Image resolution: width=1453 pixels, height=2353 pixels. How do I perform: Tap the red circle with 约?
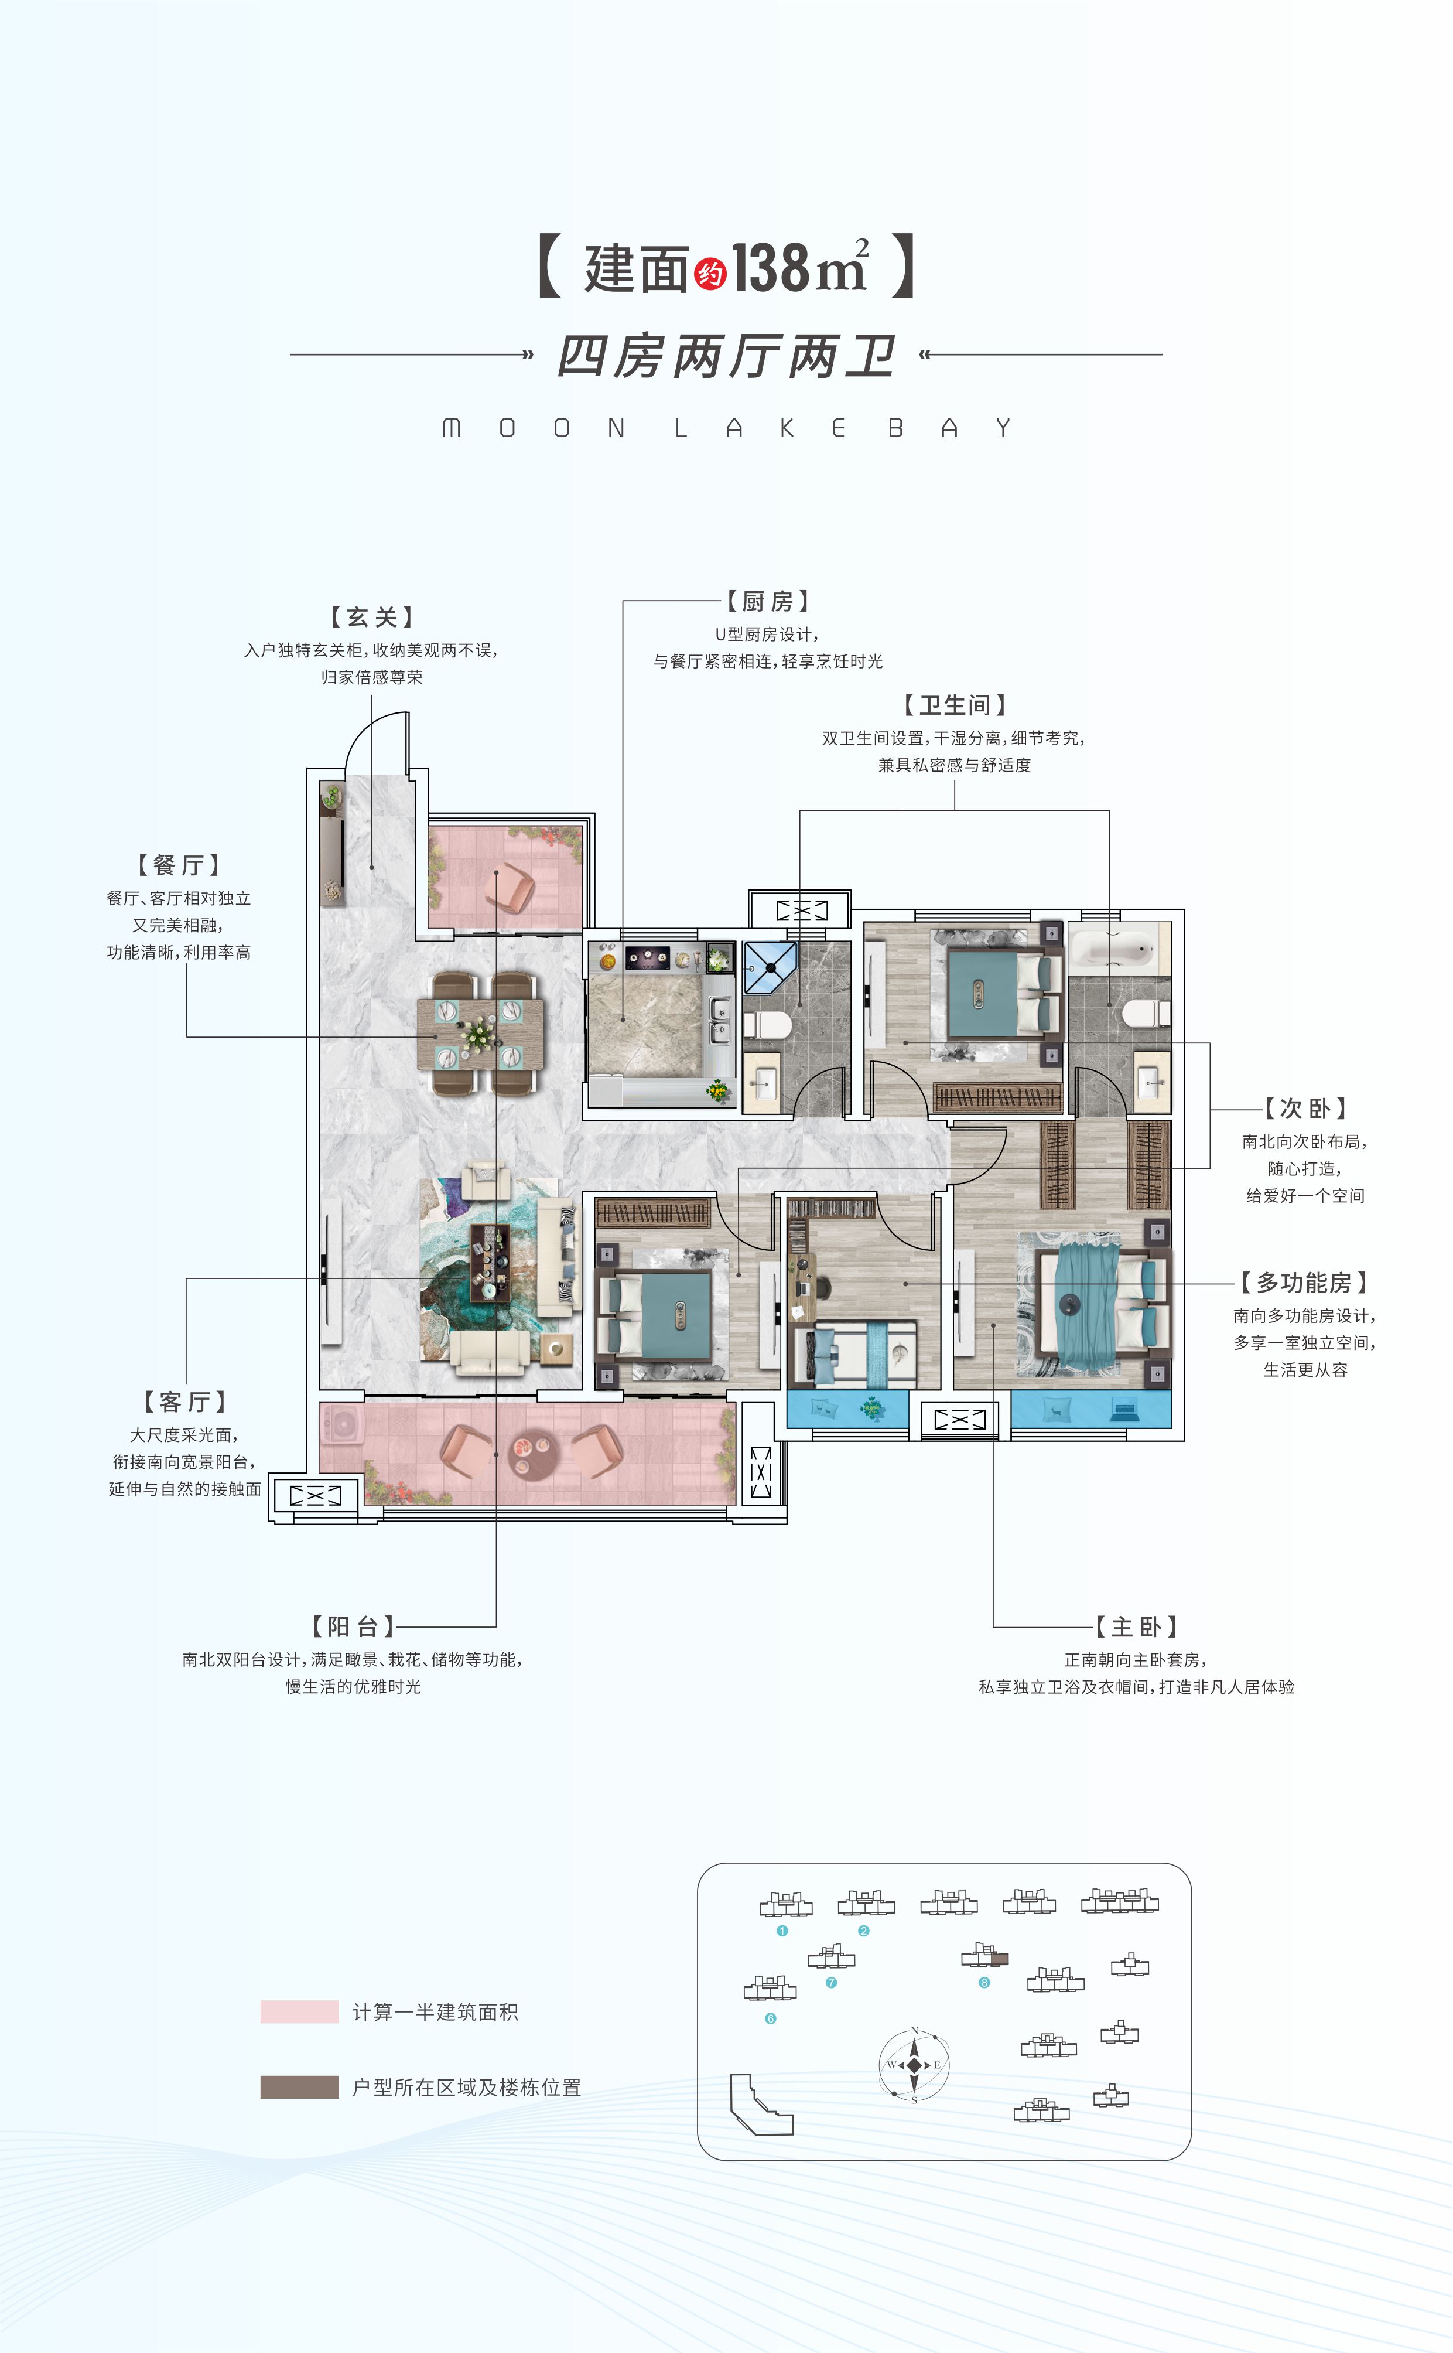coord(710,275)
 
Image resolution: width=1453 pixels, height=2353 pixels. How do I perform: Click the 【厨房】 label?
coord(767,602)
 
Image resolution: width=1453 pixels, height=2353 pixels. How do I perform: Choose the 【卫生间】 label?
coord(954,705)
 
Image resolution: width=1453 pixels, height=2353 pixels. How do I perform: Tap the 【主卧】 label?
coord(1137,1626)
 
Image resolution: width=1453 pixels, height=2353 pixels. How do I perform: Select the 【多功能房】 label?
coord(1304,1282)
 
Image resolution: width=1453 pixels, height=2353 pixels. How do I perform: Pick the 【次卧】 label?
coord(1305,1109)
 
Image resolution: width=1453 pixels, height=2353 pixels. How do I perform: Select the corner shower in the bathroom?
coord(770,966)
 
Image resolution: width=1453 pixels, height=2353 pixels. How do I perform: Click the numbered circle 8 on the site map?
coord(984,1982)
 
